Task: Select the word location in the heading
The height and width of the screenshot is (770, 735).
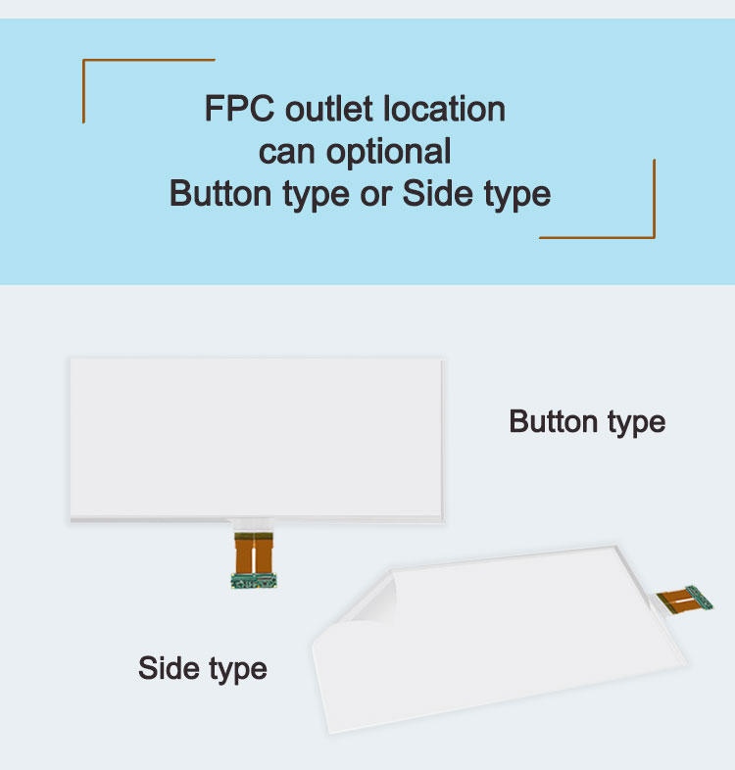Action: [x=445, y=108]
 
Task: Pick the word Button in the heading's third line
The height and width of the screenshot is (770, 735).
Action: [x=221, y=193]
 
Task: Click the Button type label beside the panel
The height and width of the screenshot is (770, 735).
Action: [x=587, y=422]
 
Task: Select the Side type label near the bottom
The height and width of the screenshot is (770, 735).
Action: [x=202, y=669]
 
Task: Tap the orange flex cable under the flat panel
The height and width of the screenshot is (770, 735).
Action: [x=254, y=551]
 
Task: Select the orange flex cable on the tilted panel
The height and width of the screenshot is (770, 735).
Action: [x=673, y=598]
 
